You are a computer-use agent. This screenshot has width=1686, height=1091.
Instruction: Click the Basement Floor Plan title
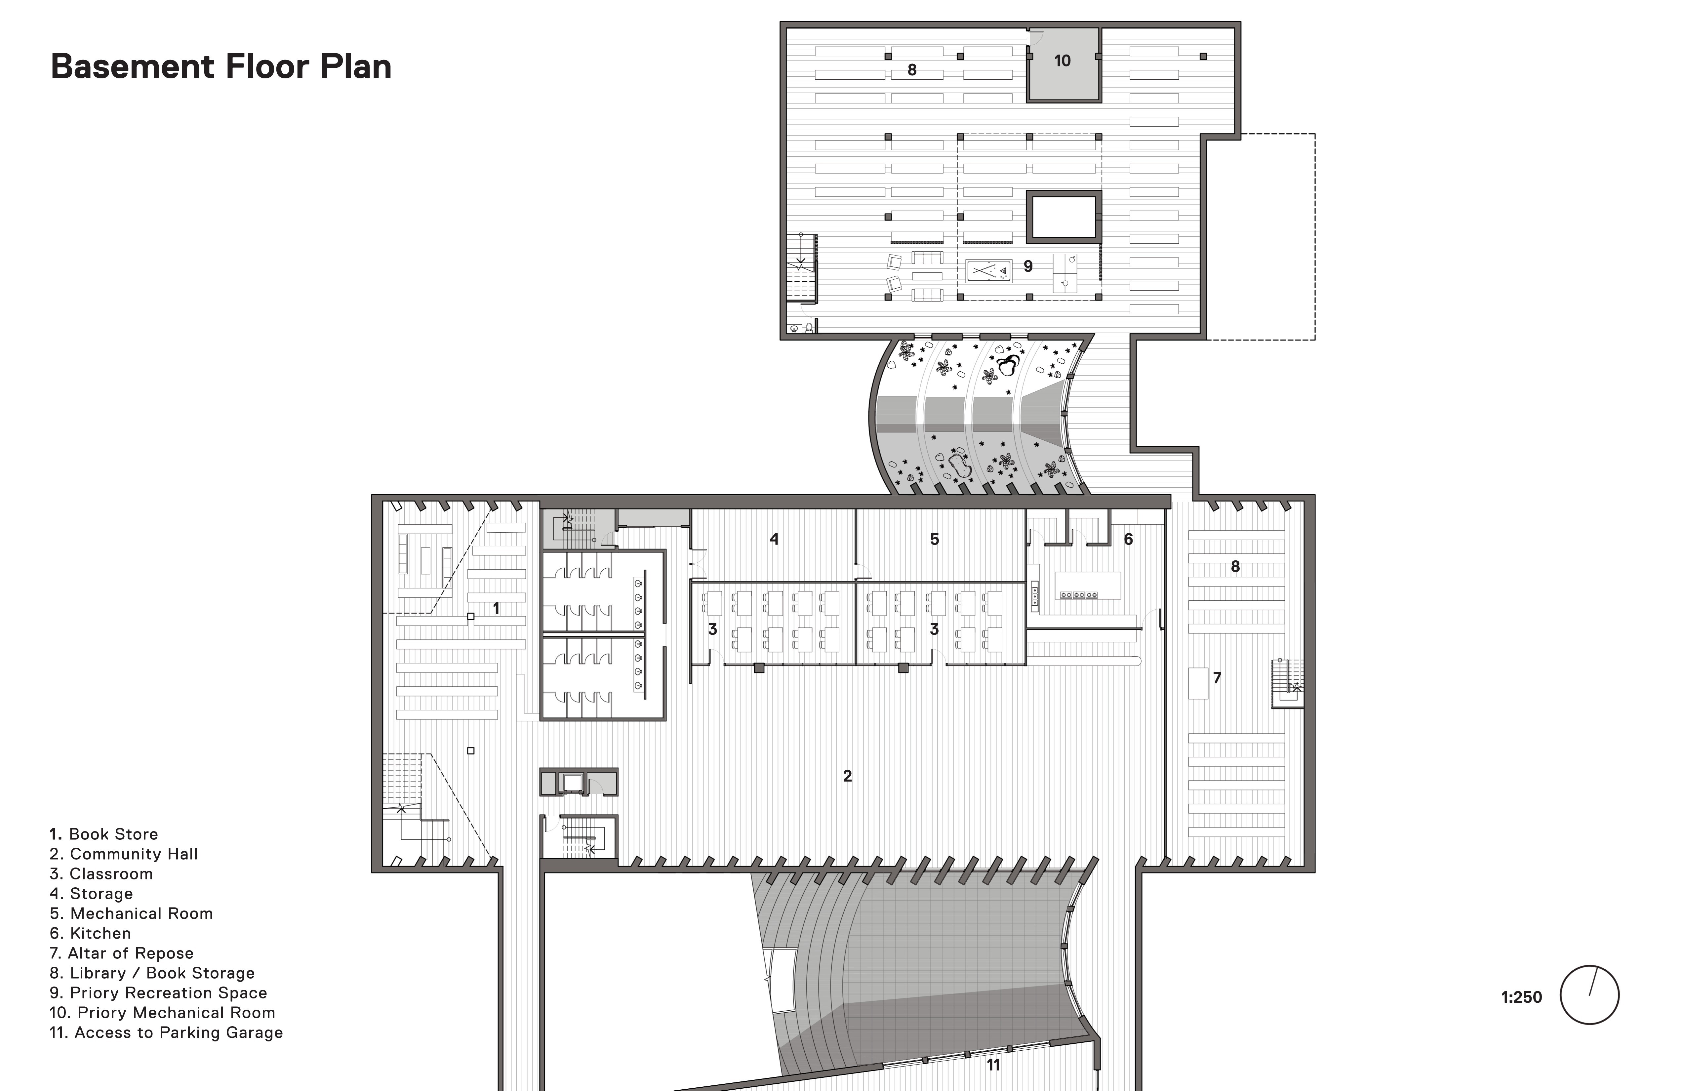tap(221, 66)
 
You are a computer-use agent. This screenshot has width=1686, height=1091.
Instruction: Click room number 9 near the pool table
tap(1028, 266)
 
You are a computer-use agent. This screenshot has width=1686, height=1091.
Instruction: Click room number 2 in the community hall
tap(847, 776)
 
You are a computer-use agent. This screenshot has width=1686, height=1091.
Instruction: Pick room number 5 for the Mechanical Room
tap(934, 539)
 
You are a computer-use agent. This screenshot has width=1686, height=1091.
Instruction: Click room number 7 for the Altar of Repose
tap(1217, 678)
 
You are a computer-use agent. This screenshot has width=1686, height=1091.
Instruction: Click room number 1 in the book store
tap(496, 608)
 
